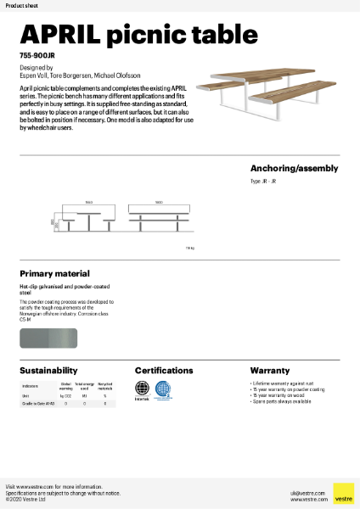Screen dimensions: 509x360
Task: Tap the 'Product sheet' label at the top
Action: (20, 5)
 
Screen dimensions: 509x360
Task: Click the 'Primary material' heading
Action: (54, 274)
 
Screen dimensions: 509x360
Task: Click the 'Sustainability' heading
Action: (48, 371)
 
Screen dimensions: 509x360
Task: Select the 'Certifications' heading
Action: (164, 371)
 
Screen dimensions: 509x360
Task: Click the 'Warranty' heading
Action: (270, 371)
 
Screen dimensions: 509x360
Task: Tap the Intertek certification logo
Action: (143, 391)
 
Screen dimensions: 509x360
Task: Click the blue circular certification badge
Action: (163, 390)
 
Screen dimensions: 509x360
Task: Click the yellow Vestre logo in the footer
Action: (343, 494)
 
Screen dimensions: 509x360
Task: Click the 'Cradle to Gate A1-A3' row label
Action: (37, 404)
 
